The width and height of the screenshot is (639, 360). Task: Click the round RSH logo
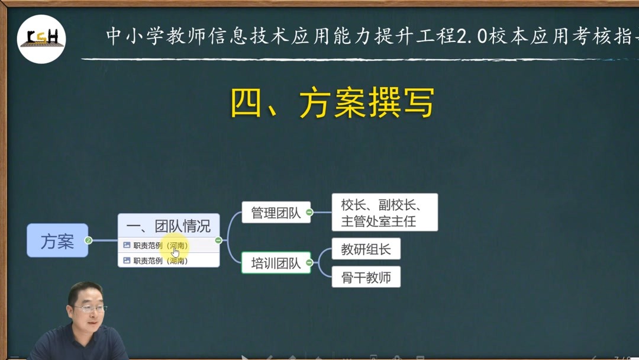[41, 38]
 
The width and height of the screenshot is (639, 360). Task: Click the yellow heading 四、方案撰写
[333, 103]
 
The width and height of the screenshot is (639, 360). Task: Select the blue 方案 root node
[57, 240]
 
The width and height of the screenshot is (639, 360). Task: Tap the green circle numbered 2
[88, 240]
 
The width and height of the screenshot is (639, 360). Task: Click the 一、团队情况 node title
[169, 226]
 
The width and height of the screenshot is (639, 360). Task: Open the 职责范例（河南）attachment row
[169, 245]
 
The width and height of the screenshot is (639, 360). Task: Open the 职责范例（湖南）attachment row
[169, 260]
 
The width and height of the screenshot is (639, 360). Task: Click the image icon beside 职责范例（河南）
[127, 245]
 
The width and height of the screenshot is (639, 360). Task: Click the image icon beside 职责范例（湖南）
[127, 260]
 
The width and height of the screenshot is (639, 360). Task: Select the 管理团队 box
[276, 212]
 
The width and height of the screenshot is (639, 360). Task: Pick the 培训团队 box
[276, 263]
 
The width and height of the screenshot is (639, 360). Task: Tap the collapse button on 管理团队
[309, 212]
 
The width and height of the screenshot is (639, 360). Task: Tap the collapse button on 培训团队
[309, 263]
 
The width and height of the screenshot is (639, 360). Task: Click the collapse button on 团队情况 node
[218, 240]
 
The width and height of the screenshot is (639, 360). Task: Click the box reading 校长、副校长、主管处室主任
[385, 213]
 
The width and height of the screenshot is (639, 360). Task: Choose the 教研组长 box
[366, 249]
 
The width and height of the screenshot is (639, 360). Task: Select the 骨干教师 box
[366, 277]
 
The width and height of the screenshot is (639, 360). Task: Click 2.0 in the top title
[472, 36]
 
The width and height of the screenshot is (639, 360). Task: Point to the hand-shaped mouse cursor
[175, 252]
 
